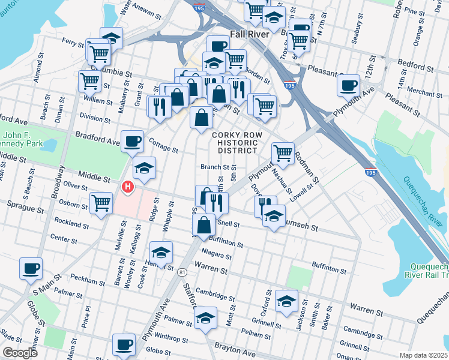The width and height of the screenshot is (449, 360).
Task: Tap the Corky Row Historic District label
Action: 235,143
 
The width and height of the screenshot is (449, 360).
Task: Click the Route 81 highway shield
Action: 181,273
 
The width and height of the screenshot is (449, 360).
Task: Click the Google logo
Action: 20,353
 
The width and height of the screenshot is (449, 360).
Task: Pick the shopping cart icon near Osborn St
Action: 101,203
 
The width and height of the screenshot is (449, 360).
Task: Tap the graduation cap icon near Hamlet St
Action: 161,252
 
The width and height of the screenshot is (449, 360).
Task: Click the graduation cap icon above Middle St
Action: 144,169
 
